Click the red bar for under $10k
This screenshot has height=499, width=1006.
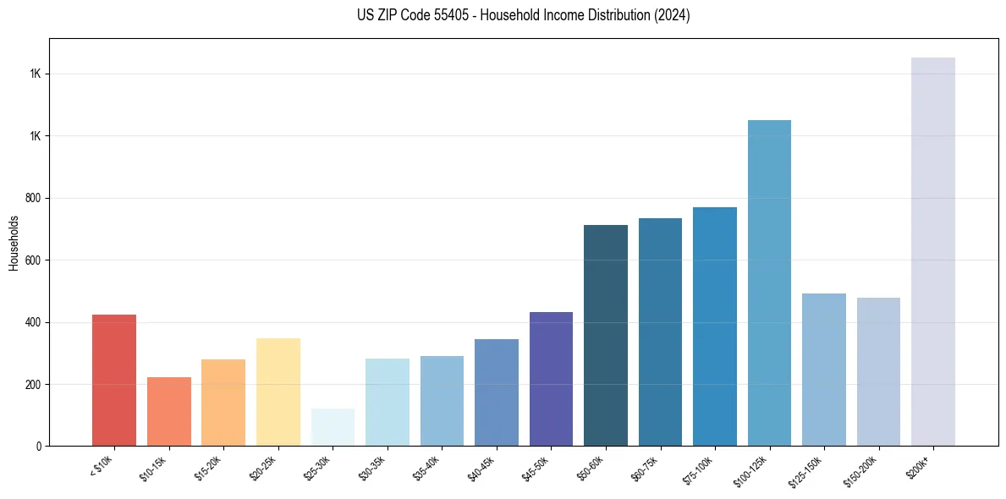114,380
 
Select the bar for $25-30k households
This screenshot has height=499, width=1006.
333,427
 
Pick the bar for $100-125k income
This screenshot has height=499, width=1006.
769,282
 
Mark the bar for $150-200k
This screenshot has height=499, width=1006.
878,371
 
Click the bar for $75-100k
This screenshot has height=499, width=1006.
715,326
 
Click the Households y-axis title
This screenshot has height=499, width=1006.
14,243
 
